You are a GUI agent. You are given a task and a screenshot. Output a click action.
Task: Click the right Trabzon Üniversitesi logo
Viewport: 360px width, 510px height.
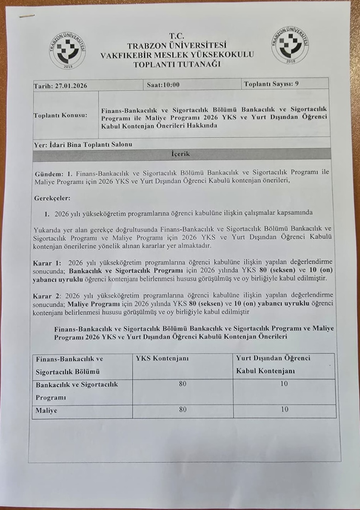pos(291,44)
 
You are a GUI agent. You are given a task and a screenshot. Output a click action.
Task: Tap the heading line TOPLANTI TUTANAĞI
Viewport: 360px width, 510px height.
pos(177,64)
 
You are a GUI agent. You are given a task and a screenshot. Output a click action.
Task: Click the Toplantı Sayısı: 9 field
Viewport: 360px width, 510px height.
pos(271,84)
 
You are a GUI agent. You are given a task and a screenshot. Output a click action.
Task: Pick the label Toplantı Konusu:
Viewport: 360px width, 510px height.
pos(61,115)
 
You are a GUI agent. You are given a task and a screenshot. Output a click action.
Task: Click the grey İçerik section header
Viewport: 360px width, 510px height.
pos(181,154)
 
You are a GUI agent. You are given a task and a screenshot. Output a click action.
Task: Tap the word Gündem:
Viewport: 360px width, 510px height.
pos(49,174)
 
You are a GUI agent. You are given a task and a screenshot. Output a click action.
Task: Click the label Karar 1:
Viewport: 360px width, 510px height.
pos(47,263)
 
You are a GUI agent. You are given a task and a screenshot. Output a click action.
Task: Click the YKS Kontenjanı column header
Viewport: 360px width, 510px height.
pos(162,359)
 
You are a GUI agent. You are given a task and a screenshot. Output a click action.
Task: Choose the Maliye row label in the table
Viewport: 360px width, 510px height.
pos(47,410)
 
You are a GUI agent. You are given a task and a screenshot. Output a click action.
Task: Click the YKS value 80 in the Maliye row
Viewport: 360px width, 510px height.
pos(183,409)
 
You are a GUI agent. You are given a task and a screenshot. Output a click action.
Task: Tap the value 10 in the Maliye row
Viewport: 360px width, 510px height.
pos(284,409)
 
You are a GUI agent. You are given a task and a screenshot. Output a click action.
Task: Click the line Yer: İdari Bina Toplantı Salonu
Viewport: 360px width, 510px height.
pos(83,144)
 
